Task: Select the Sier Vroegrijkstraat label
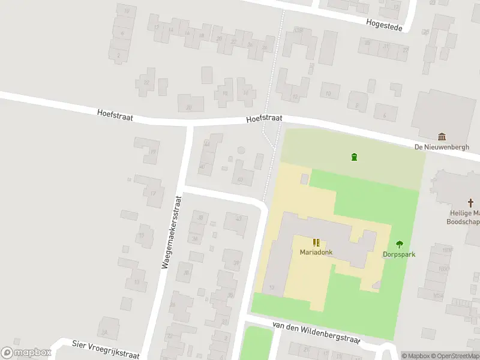point(106,348)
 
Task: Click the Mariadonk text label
point(316,252)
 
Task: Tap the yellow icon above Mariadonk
point(316,242)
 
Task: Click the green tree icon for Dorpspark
point(399,244)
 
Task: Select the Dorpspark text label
point(399,254)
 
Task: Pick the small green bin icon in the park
point(354,157)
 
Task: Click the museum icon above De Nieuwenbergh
point(442,137)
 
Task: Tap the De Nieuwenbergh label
point(442,147)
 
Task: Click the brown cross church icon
point(472,203)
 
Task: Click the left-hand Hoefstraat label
point(115,113)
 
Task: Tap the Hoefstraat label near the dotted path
point(264,119)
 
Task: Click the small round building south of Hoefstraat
point(241,150)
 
